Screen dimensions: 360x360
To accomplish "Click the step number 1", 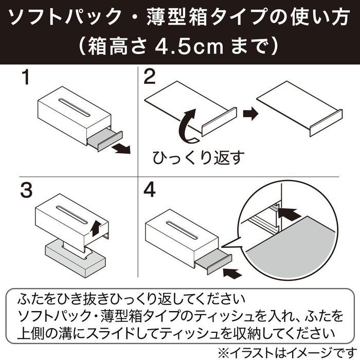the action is point(26,77).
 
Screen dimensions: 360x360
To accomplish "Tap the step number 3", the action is point(26,190).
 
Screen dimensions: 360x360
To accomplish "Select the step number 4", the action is point(150,190).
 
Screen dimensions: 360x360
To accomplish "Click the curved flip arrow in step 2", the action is point(188,126).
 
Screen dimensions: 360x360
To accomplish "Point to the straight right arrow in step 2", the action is point(251,114).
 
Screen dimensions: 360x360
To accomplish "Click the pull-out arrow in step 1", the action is point(121,149).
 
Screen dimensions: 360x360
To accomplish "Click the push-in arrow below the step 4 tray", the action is point(232,273).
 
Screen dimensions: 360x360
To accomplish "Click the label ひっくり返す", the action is point(199,158).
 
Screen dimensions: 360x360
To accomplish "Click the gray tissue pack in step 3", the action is point(75,258).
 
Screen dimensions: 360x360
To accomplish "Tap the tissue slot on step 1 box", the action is point(75,107).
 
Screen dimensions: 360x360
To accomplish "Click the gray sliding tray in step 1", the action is point(104,139).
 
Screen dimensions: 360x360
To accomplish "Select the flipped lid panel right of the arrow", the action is point(299,109).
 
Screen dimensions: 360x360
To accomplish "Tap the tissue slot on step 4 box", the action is point(182,230).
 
